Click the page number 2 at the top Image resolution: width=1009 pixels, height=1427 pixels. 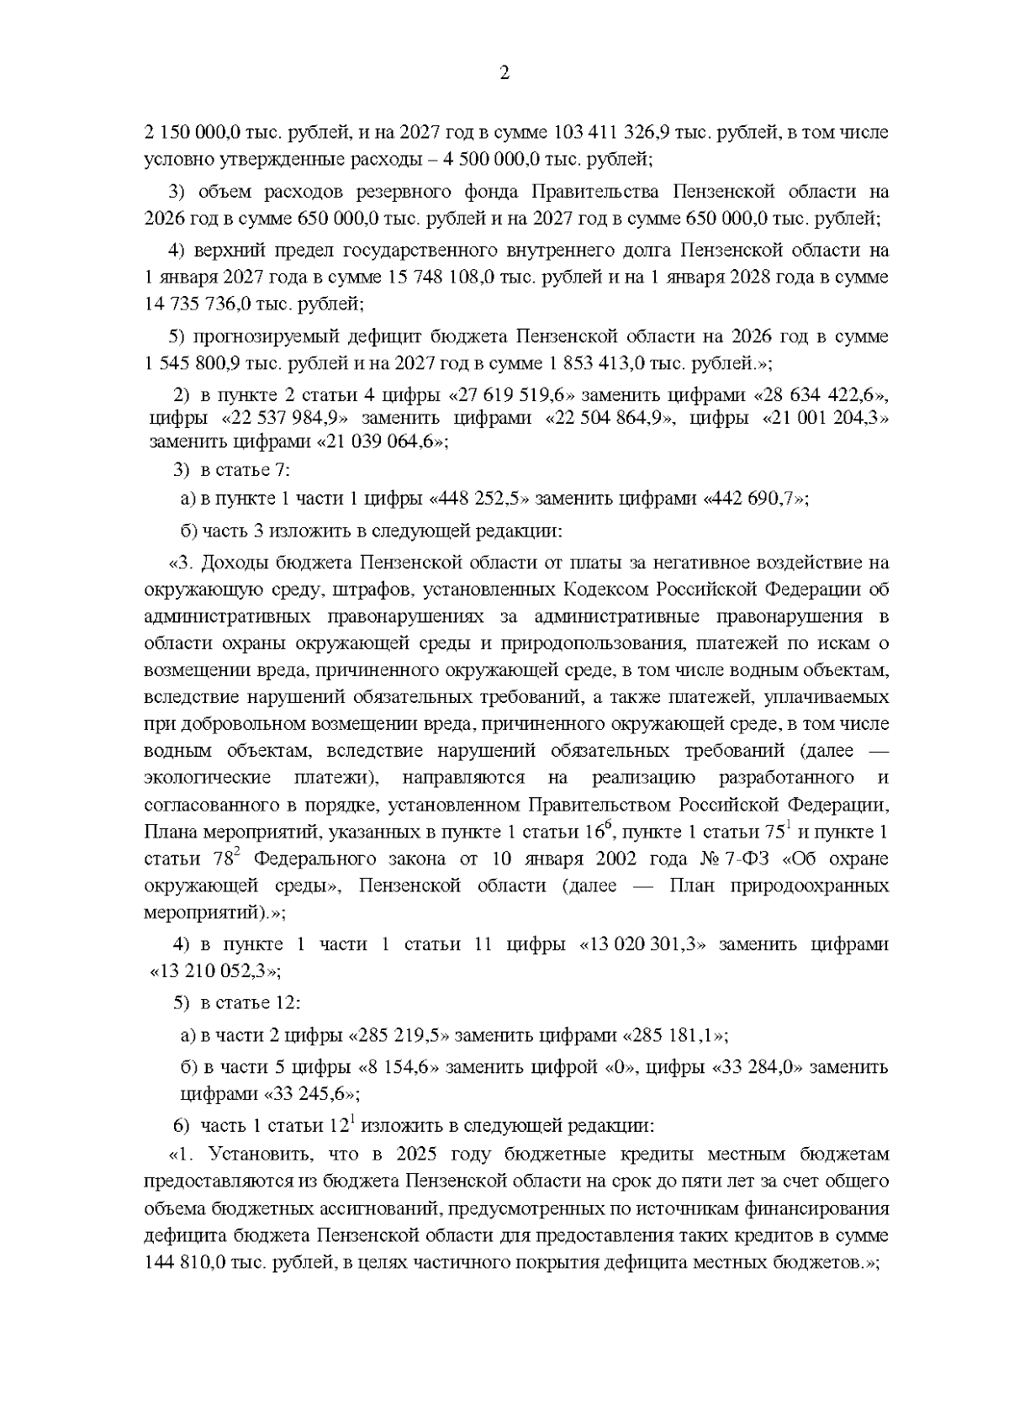(x=504, y=72)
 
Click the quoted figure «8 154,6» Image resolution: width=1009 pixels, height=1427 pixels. (x=399, y=1068)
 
